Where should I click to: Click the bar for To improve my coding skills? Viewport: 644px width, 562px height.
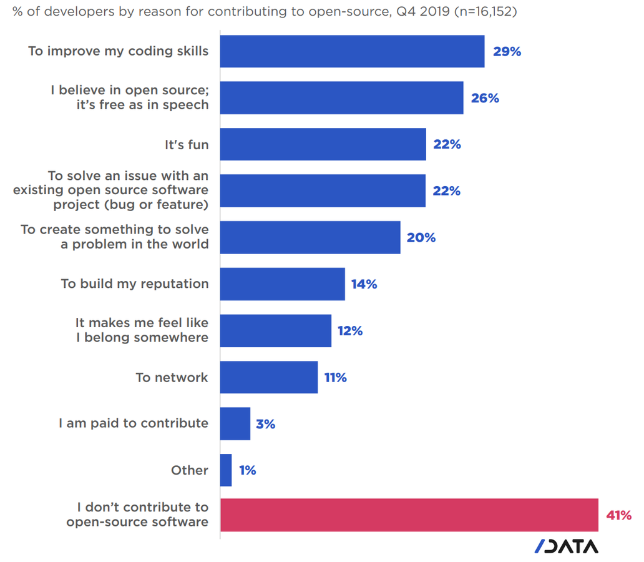click(352, 51)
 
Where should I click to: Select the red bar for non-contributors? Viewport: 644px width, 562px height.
click(409, 515)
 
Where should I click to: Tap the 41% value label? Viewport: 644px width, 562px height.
click(618, 516)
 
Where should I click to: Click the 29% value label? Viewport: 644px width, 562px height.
click(507, 52)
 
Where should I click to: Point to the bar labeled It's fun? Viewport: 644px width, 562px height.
click(323, 144)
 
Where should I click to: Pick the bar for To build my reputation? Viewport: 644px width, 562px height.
click(282, 284)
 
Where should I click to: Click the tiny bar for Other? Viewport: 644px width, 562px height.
click(226, 470)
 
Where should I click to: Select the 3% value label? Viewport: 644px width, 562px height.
click(265, 424)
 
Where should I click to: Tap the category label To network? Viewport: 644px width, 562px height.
click(172, 377)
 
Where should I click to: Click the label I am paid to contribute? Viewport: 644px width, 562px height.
click(134, 423)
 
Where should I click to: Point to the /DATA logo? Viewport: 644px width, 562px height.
click(567, 546)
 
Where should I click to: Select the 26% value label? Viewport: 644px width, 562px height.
click(485, 98)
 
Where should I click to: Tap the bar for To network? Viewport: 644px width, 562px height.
click(268, 377)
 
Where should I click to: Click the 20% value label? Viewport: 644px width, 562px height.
click(421, 238)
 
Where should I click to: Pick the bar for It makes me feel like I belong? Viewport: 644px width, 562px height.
click(275, 330)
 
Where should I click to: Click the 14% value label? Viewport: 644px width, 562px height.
click(364, 284)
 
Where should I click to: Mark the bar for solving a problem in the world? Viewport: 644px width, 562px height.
click(310, 237)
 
